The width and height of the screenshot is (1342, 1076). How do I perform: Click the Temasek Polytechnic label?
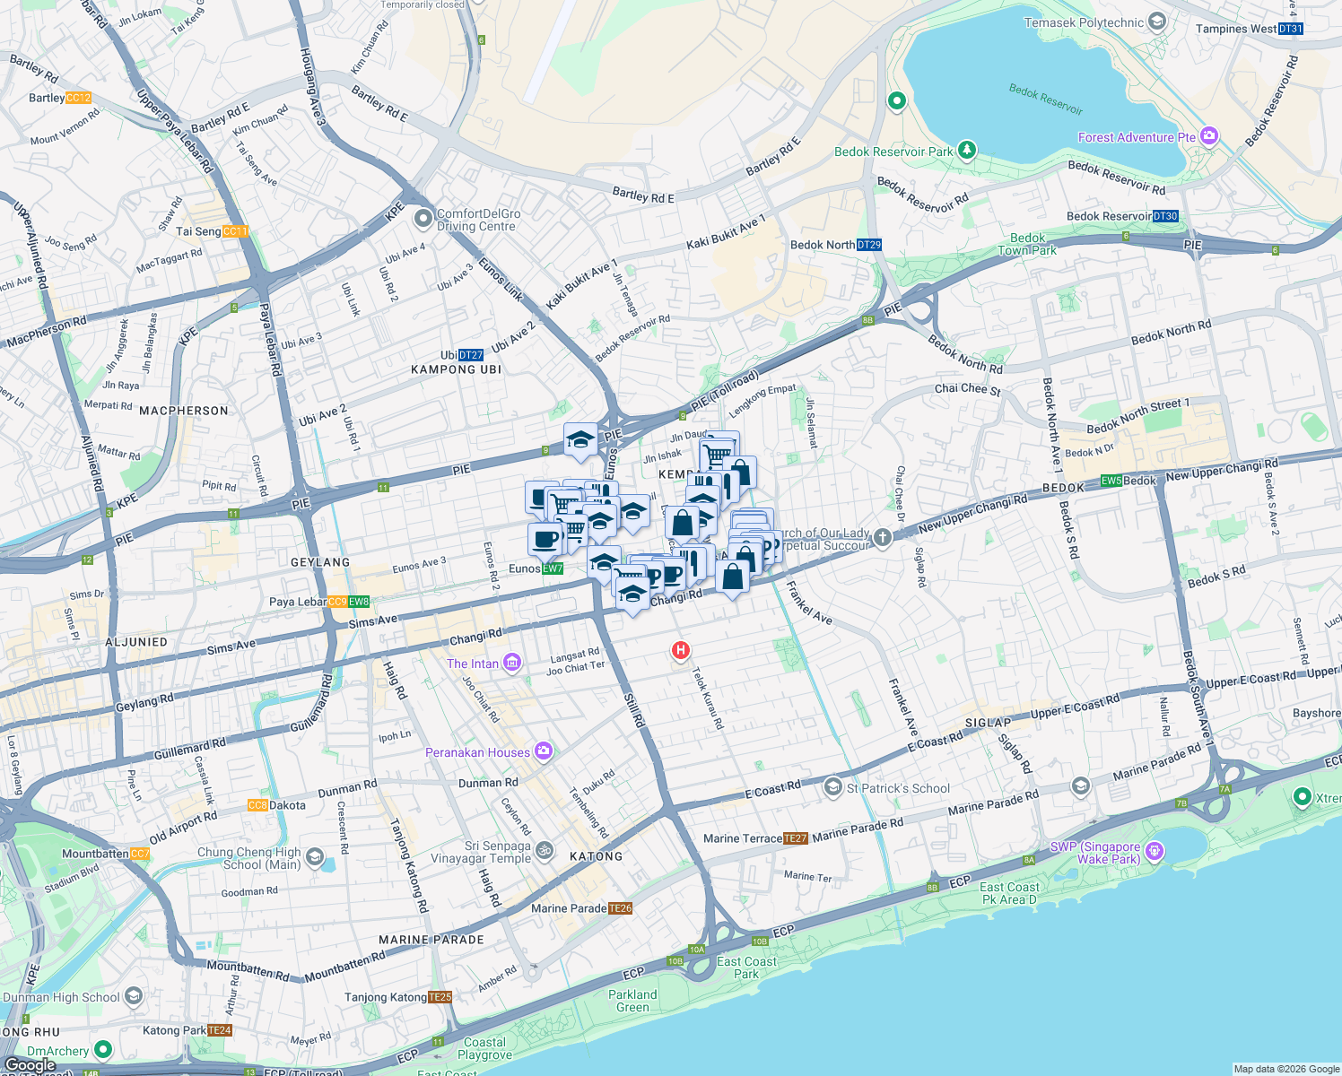tap(1084, 22)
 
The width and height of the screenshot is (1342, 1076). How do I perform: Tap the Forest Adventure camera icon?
tap(1209, 136)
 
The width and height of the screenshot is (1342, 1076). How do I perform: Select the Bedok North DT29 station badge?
tap(868, 245)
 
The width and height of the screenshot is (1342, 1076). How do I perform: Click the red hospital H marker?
tap(681, 650)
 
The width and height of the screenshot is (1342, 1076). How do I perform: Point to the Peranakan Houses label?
tap(477, 752)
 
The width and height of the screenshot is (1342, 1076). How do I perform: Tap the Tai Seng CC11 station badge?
tap(235, 231)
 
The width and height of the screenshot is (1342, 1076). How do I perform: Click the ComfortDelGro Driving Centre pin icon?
tap(423, 218)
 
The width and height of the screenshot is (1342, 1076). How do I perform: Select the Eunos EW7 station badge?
tap(553, 568)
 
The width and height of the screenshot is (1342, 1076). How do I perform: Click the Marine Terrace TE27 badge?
tap(795, 838)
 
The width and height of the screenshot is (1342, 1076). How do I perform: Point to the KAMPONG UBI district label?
tap(456, 369)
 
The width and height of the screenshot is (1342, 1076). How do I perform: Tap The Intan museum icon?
tap(511, 663)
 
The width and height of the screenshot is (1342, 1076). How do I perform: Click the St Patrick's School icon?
tap(832, 787)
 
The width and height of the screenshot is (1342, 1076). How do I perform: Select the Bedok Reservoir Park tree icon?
tap(966, 149)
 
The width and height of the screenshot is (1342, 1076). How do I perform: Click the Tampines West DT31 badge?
tap(1290, 29)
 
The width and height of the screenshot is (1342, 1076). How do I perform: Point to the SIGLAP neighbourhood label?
tap(988, 723)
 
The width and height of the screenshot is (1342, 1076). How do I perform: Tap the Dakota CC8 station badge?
tap(257, 805)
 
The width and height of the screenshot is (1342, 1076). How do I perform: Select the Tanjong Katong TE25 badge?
tap(440, 997)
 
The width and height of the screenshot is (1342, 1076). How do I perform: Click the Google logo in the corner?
tap(30, 1065)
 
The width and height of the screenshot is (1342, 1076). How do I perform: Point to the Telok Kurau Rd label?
tap(708, 698)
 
